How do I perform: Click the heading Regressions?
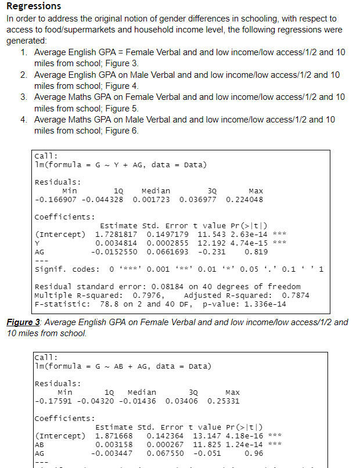pos(34,6)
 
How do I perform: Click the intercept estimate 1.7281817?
pos(117,234)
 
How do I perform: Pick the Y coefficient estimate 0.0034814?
pos(117,243)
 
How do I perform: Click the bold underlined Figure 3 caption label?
pos(24,322)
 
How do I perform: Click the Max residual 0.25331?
pos(224,401)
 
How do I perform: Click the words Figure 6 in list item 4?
pos(123,131)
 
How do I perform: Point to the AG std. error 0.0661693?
pos(164,253)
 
